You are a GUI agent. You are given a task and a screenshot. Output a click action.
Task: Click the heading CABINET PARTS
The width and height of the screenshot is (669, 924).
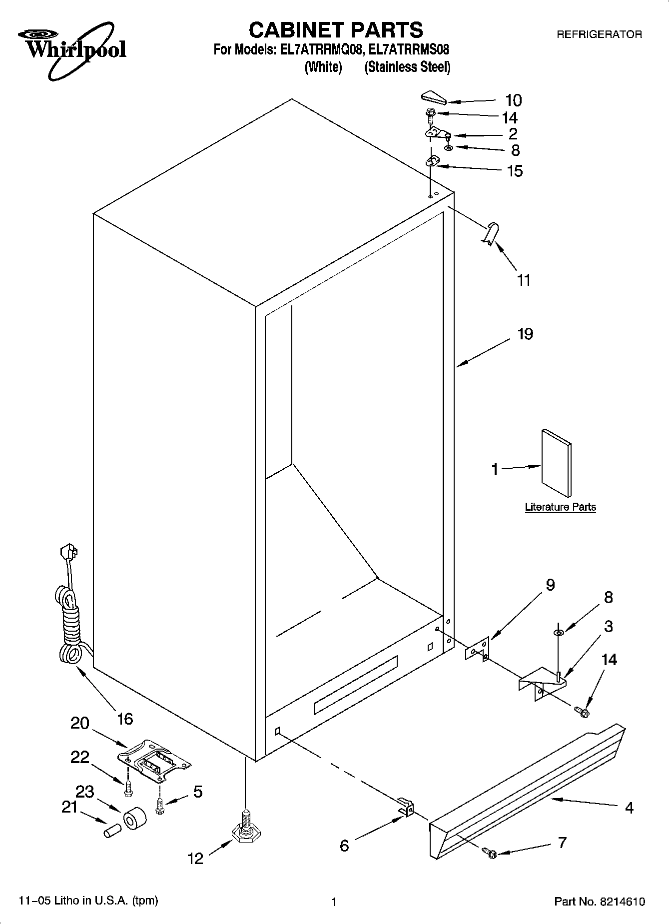coord(336,30)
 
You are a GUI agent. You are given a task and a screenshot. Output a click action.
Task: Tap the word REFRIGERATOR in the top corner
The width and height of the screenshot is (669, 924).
coord(599,34)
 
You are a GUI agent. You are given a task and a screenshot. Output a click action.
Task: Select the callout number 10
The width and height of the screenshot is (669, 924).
coord(513,100)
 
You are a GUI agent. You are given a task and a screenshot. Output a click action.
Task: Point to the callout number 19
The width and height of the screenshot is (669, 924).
coord(525,333)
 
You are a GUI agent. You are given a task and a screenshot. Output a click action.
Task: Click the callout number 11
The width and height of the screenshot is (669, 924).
coord(523,280)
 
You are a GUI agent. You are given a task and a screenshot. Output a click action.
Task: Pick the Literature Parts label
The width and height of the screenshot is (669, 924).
coord(560,507)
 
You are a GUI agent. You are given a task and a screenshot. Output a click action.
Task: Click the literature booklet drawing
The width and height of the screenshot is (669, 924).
coord(556,463)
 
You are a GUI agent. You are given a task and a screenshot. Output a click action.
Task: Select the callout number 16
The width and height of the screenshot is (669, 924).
coord(125,719)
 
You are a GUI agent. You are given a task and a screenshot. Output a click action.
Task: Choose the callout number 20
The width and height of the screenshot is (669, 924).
coord(80,723)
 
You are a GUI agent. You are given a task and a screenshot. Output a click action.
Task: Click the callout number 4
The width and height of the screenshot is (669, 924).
coord(629,807)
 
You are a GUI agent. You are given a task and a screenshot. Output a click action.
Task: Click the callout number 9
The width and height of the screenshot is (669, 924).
coord(550,585)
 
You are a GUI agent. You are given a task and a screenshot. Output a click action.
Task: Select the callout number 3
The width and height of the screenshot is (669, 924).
coord(608,626)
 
